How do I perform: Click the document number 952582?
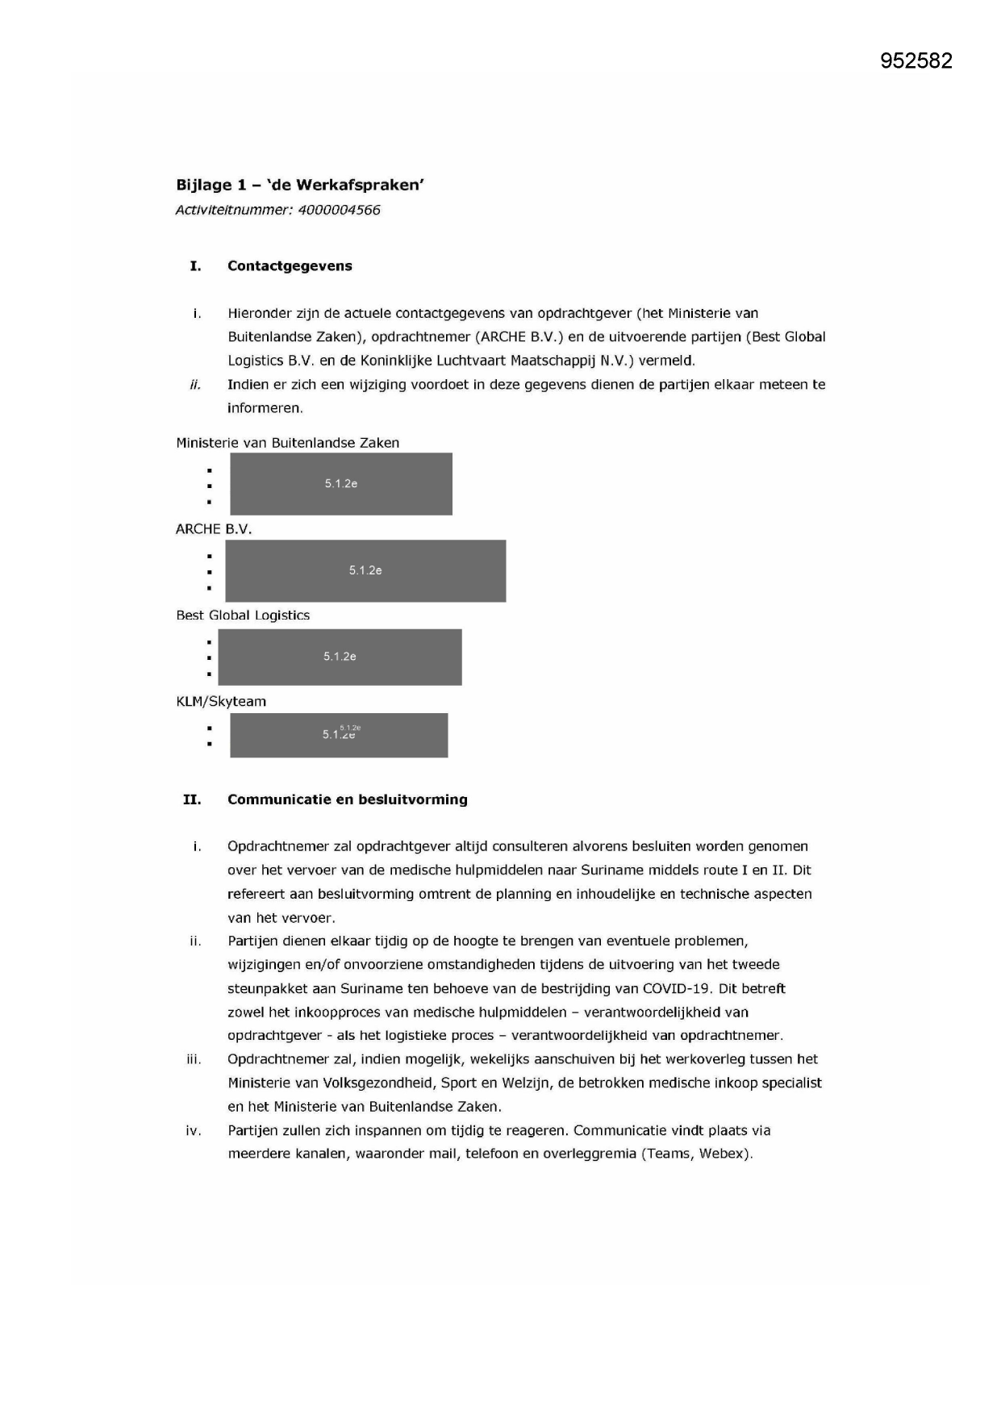pos(915,61)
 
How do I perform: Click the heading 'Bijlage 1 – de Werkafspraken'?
pos(300,185)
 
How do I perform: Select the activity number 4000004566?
pos(339,210)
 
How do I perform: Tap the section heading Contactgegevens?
pos(290,266)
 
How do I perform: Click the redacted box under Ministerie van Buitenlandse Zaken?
pos(340,484)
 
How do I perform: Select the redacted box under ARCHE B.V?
pos(365,570)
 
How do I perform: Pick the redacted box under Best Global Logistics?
pos(340,657)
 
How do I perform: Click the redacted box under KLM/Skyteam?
pos(339,735)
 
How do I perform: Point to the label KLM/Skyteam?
pos(221,701)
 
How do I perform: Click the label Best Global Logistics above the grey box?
pos(243,615)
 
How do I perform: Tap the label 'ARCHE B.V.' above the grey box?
pos(214,529)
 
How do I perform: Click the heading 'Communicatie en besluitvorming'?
pos(347,799)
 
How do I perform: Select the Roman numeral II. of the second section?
pos(192,799)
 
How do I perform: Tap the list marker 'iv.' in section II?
pos(194,1130)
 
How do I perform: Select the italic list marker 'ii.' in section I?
pos(195,384)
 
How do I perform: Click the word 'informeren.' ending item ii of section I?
pos(265,408)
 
